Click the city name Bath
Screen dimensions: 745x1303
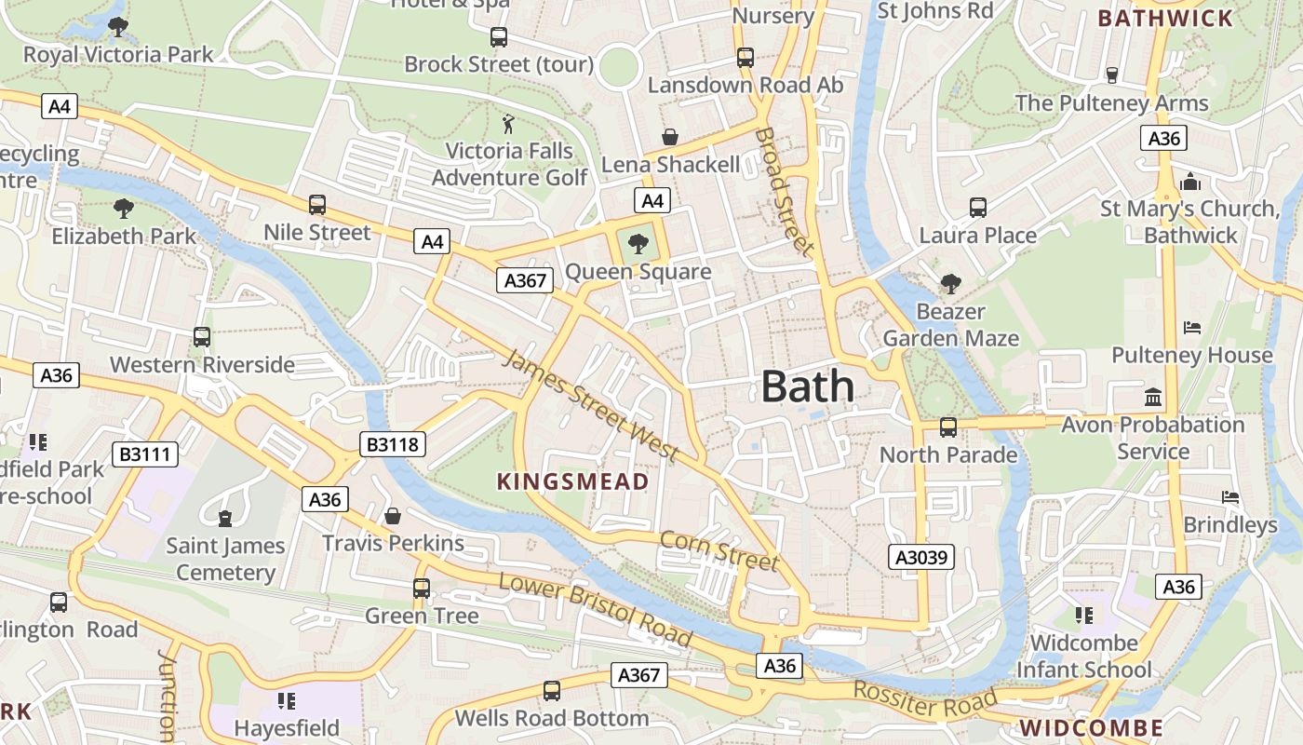click(807, 386)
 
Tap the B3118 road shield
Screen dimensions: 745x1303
click(393, 444)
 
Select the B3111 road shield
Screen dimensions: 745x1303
click(145, 454)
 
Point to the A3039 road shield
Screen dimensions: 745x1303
click(920, 557)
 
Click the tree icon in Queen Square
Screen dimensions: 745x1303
click(638, 245)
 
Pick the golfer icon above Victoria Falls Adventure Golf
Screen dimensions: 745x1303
click(508, 124)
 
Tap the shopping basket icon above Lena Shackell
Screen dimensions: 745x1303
click(669, 138)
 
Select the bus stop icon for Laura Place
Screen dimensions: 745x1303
click(977, 208)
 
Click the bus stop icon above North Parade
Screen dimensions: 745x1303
click(947, 427)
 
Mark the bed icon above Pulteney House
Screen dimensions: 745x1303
click(1191, 328)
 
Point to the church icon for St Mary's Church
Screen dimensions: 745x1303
click(1189, 182)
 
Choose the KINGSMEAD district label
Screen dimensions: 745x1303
click(572, 481)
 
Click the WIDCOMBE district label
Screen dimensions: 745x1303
click(1091, 727)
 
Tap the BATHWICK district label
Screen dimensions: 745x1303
click(1164, 18)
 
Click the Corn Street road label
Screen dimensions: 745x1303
click(719, 549)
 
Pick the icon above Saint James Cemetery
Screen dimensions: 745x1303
click(224, 518)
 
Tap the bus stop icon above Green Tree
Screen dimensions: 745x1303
click(422, 589)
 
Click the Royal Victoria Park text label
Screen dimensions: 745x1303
click(118, 55)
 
